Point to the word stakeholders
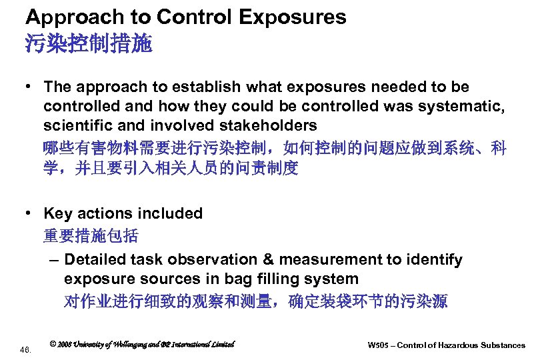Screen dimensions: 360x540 [267, 125]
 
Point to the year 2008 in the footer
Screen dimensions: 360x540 [67, 344]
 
